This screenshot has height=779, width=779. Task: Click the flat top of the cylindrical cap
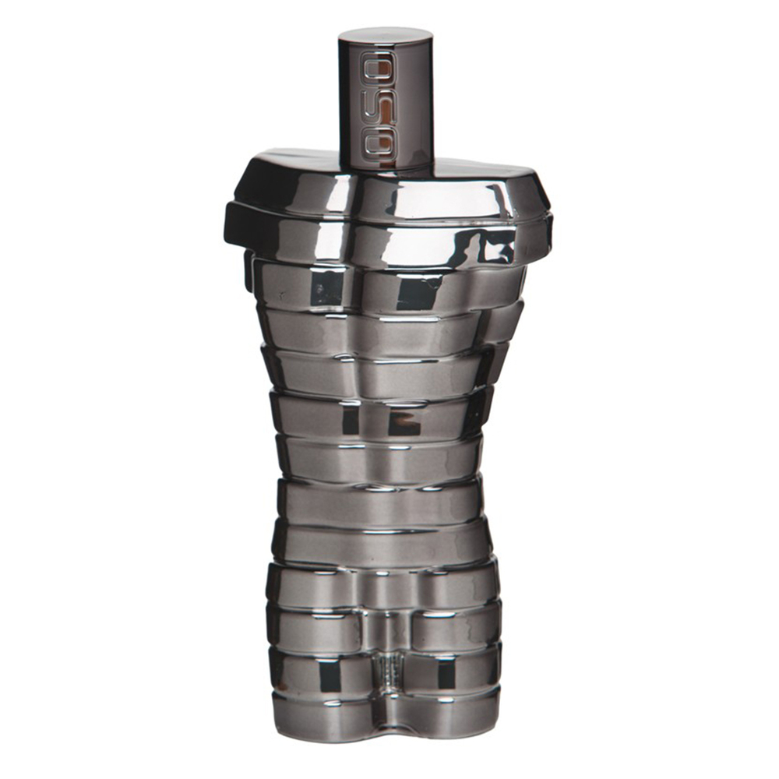386,37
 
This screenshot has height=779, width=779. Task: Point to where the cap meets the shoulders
386,163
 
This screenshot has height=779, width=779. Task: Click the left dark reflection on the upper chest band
326,289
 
